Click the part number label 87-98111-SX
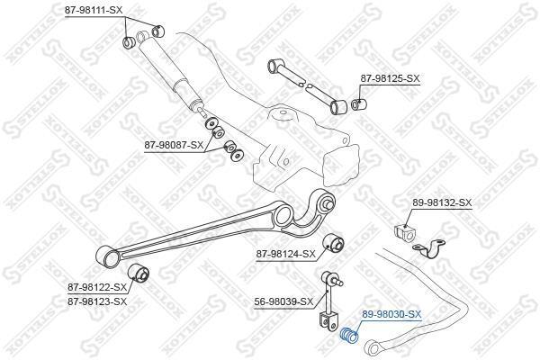click(x=94, y=10)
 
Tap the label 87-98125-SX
click(x=391, y=78)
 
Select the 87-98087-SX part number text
click(x=174, y=146)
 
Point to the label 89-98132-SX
click(x=442, y=202)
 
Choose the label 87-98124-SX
click(x=285, y=254)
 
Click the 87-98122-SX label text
click(x=97, y=286)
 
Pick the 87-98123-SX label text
click(x=97, y=301)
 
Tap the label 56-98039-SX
click(x=283, y=302)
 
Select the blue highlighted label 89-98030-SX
click(x=391, y=314)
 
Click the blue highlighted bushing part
click(x=349, y=336)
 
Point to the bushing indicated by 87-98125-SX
click(x=358, y=103)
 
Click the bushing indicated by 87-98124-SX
click(x=333, y=242)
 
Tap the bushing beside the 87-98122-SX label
click(x=139, y=273)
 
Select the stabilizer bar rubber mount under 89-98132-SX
click(x=404, y=232)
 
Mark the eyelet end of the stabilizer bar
click(x=373, y=347)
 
